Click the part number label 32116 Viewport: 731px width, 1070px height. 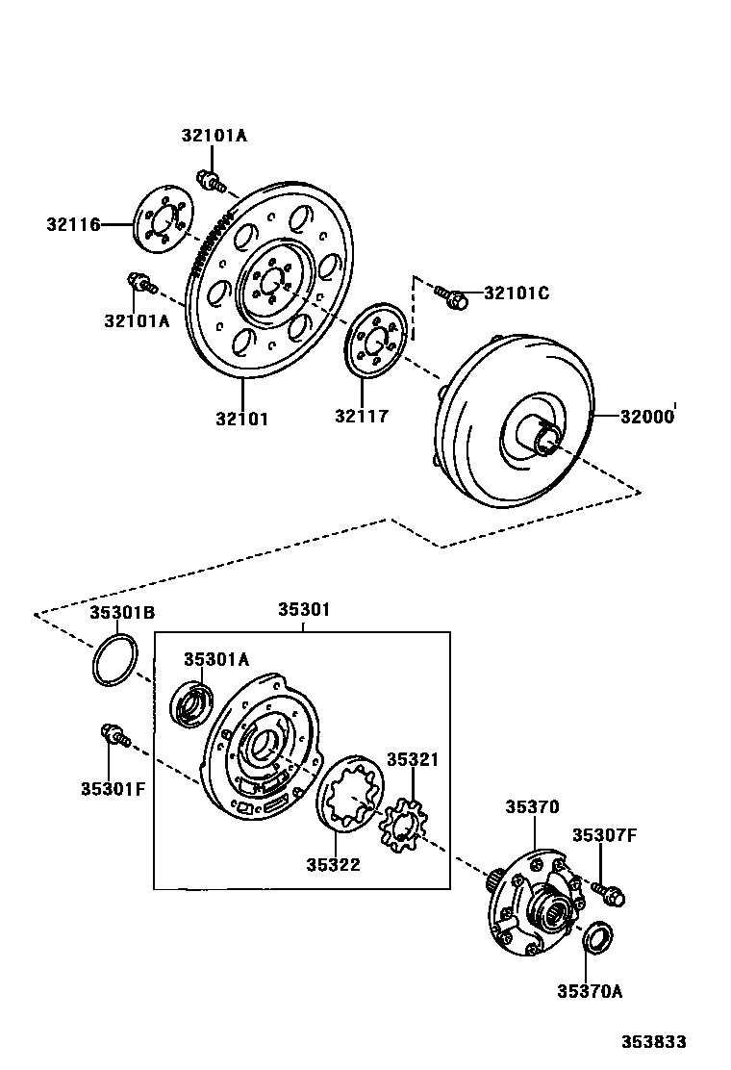tap(73, 225)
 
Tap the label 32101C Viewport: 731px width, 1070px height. tap(517, 293)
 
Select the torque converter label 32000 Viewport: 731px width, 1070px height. tap(647, 417)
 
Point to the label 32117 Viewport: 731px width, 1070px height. tap(362, 417)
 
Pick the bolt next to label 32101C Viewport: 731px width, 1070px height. tap(451, 296)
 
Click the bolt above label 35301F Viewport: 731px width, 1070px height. tap(113, 736)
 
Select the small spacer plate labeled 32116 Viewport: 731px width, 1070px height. tap(161, 224)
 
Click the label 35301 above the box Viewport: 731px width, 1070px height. tap(304, 609)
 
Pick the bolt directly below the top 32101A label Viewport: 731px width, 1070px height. tap(209, 179)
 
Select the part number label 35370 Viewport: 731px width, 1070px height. tap(532, 807)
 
